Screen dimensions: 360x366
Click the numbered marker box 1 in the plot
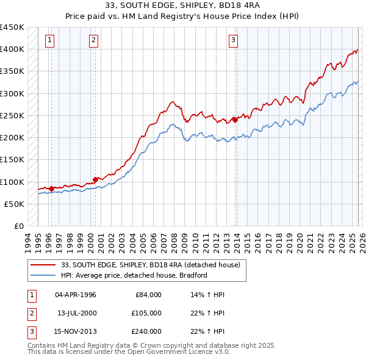click(x=49, y=41)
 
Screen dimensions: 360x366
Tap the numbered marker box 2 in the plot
click(x=93, y=41)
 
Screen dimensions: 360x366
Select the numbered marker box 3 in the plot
click(x=233, y=41)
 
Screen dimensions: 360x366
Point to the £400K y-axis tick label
click(x=12, y=49)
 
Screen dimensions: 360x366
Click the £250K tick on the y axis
click(x=12, y=115)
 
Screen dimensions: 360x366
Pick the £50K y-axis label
click(x=15, y=204)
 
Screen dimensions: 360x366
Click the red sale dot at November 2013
click(x=235, y=120)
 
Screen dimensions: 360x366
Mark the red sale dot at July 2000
click(x=95, y=179)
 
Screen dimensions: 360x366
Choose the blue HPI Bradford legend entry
click(x=134, y=275)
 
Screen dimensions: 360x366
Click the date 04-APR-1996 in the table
click(x=76, y=295)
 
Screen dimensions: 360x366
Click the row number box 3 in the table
click(x=30, y=331)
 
